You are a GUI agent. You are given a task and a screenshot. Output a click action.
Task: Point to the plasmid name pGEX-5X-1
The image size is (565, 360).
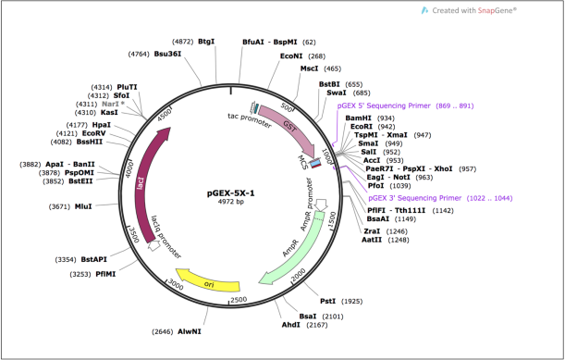tap(230, 193)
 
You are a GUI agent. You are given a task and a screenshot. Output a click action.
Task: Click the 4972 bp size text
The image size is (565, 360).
tap(230, 202)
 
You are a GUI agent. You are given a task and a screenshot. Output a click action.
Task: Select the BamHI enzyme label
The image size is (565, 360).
tap(358, 118)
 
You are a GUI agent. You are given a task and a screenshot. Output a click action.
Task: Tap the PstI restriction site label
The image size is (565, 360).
tap(328, 301)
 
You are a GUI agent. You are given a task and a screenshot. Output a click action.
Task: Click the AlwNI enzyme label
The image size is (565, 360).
tap(190, 331)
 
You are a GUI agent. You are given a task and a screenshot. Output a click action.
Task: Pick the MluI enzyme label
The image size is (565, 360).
tap(83, 206)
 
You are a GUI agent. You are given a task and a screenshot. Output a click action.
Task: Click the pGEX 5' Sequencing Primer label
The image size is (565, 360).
tap(384, 106)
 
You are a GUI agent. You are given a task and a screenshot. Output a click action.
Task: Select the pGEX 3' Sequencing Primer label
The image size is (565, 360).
tap(415, 198)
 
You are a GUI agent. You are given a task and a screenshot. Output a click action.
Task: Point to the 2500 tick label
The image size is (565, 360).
tap(239, 300)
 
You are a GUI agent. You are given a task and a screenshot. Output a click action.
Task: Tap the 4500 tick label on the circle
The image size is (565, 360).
tap(165, 115)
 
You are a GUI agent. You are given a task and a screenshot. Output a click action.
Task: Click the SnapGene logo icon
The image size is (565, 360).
tap(425, 10)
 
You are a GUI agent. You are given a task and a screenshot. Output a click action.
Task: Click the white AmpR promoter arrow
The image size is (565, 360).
tap(321, 205)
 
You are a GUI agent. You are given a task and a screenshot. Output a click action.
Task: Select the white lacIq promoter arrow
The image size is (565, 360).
tap(154, 246)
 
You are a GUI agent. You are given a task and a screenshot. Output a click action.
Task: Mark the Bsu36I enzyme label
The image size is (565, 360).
tap(167, 54)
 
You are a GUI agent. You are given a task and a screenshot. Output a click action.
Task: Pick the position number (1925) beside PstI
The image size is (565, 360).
tap(351, 301)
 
